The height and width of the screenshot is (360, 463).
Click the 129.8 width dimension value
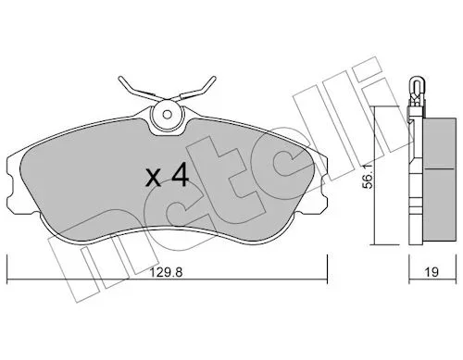click(167, 272)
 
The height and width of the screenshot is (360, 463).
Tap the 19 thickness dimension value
click(432, 272)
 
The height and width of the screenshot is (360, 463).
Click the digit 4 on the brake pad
click(180, 175)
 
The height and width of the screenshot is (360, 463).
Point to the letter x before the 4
click(154, 179)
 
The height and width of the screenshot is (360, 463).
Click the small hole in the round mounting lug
click(167, 115)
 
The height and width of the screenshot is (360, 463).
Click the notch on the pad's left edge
click(10, 185)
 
